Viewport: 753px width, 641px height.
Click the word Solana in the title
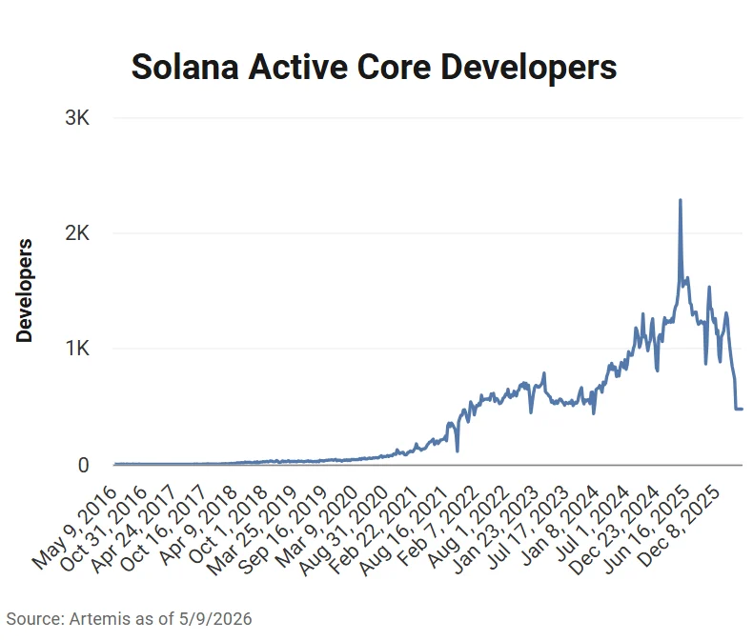pos(185,67)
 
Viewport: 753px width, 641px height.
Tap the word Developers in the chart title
pos(529,69)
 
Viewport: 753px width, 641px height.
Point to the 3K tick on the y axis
pos(77,117)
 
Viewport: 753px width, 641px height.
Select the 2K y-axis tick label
pos(77,233)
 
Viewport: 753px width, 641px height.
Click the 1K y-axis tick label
pos(78,349)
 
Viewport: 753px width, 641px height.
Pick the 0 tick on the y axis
pos(84,465)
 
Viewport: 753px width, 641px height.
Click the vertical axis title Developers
pos(24,290)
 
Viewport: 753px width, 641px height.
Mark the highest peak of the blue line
pos(680,200)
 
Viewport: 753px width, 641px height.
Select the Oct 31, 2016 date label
pos(103,529)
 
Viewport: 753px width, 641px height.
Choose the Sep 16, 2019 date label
pos(283,531)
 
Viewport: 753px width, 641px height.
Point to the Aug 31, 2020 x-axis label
pos(344,531)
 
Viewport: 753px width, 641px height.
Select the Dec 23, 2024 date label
pos(614,531)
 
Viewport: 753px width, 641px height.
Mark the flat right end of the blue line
pos(742,409)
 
